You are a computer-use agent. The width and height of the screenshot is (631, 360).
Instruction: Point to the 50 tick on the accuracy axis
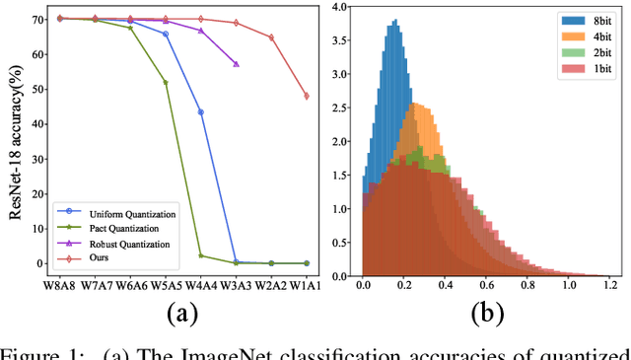tap(34, 90)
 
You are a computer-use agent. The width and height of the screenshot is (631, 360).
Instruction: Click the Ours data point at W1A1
tap(307, 96)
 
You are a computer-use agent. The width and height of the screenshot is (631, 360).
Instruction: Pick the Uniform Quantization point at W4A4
tap(201, 112)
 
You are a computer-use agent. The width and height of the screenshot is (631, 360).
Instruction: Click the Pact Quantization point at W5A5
tap(166, 82)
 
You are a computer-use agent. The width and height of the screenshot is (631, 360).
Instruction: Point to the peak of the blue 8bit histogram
tap(394, 21)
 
